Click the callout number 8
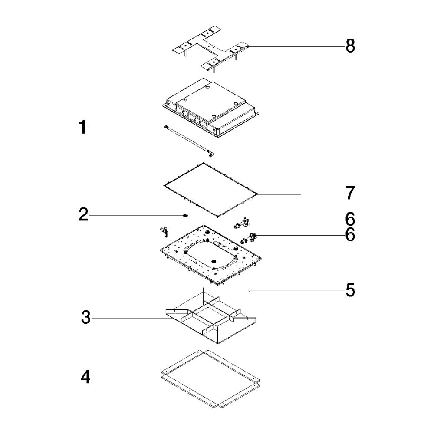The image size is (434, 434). [350, 46]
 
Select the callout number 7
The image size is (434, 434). [350, 193]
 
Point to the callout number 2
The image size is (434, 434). [84, 214]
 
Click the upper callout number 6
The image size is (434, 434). [350, 219]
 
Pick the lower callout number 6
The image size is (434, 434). [350, 235]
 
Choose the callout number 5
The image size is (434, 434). [350, 290]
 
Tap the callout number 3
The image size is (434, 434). [86, 318]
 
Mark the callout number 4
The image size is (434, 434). [85, 377]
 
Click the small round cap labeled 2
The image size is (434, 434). [185, 215]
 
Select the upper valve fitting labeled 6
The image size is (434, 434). [241, 223]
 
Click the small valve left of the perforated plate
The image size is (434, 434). [163, 232]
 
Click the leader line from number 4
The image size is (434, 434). [126, 378]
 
